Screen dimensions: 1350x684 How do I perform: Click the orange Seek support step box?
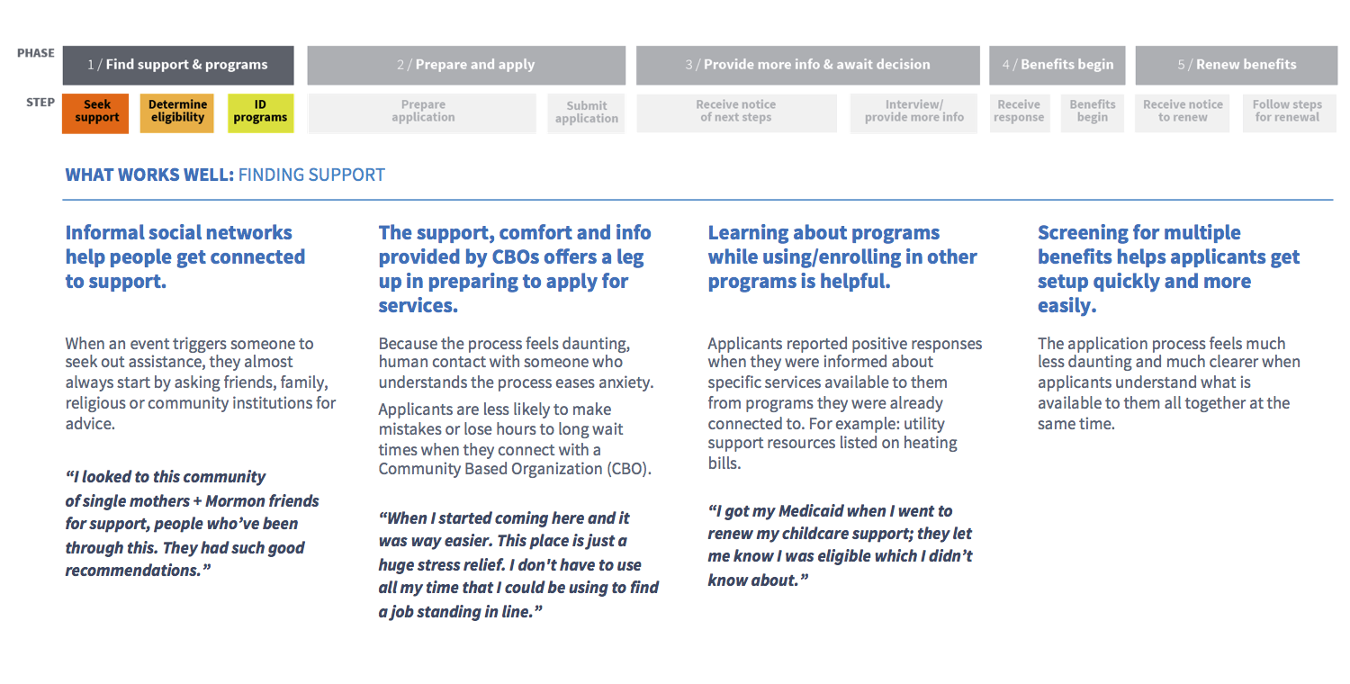(95, 113)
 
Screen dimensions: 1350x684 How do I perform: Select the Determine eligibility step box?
(177, 113)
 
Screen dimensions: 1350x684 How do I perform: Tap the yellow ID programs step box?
(260, 113)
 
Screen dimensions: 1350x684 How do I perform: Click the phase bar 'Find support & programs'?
(178, 65)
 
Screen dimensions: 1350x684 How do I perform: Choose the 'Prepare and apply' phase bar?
(466, 65)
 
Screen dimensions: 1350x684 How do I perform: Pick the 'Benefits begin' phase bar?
(1057, 65)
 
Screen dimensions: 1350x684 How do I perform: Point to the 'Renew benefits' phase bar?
(1237, 65)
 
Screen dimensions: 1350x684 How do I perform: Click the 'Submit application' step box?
(587, 113)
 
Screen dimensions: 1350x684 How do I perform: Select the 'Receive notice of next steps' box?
(736, 113)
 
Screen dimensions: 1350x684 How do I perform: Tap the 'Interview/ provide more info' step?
(914, 113)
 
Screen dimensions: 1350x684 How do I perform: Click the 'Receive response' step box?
(1019, 113)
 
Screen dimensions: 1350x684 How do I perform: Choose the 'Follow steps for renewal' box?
(1289, 113)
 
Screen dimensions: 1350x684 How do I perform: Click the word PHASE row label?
(36, 53)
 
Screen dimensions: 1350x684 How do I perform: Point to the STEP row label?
(40, 103)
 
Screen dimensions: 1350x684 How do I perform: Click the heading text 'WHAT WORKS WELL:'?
(149, 175)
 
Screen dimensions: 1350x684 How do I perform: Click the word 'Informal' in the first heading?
(104, 232)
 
